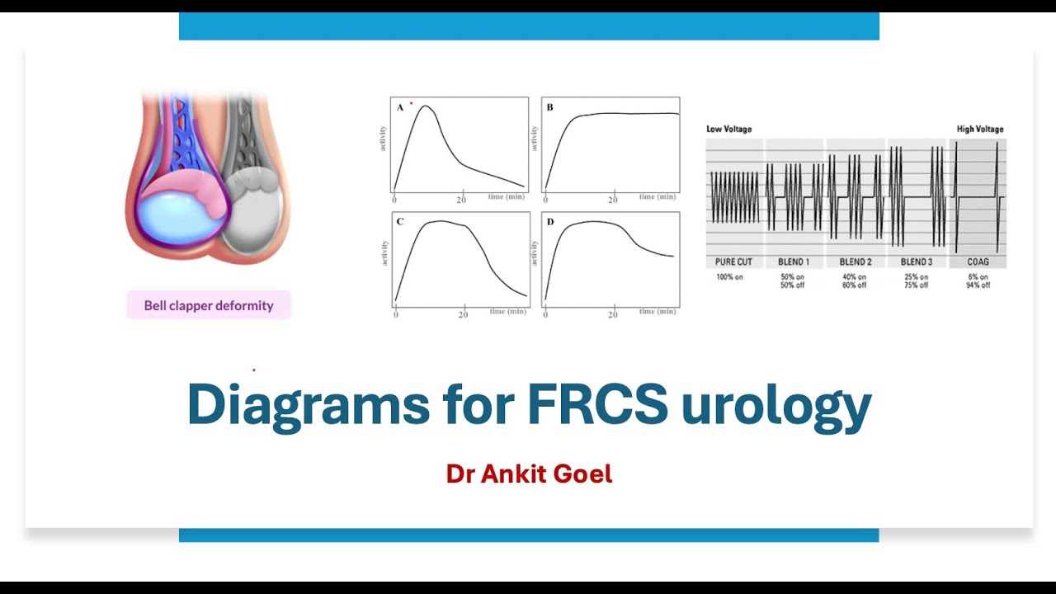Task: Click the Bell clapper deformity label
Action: coord(209,305)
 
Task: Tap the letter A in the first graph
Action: coord(400,107)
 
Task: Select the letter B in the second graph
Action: coord(549,107)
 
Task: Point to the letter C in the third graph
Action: coord(400,222)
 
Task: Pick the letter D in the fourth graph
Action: coord(550,222)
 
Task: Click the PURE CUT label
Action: coord(733,262)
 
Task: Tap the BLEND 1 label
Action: coord(794,262)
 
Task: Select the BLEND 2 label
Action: coord(856,262)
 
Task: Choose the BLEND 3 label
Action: coord(916,262)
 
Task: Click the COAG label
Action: coord(978,262)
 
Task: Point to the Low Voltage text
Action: coord(729,129)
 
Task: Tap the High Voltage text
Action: coord(980,129)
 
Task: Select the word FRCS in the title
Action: coord(597,405)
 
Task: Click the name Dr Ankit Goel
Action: coord(529,474)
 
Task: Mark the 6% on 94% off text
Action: coord(978,281)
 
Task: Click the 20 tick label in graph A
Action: coord(462,200)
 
